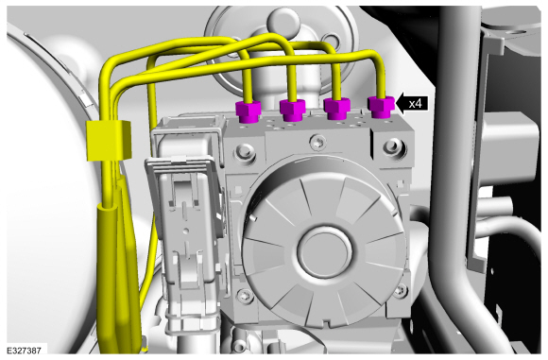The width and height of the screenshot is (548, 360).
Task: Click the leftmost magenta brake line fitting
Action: pyautogui.click(x=248, y=111)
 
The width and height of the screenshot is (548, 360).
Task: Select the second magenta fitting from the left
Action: pyautogui.click(x=293, y=111)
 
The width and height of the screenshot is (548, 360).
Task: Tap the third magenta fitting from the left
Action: pyautogui.click(x=337, y=109)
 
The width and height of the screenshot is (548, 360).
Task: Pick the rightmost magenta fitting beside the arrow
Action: pyautogui.click(x=382, y=107)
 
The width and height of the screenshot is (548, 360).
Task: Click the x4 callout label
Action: pyautogui.click(x=416, y=104)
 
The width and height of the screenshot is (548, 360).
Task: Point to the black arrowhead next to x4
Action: pyautogui.click(x=401, y=104)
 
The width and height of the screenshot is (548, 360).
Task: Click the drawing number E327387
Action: pyautogui.click(x=25, y=351)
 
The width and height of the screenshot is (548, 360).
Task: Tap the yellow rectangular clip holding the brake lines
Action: pyautogui.click(x=108, y=140)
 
